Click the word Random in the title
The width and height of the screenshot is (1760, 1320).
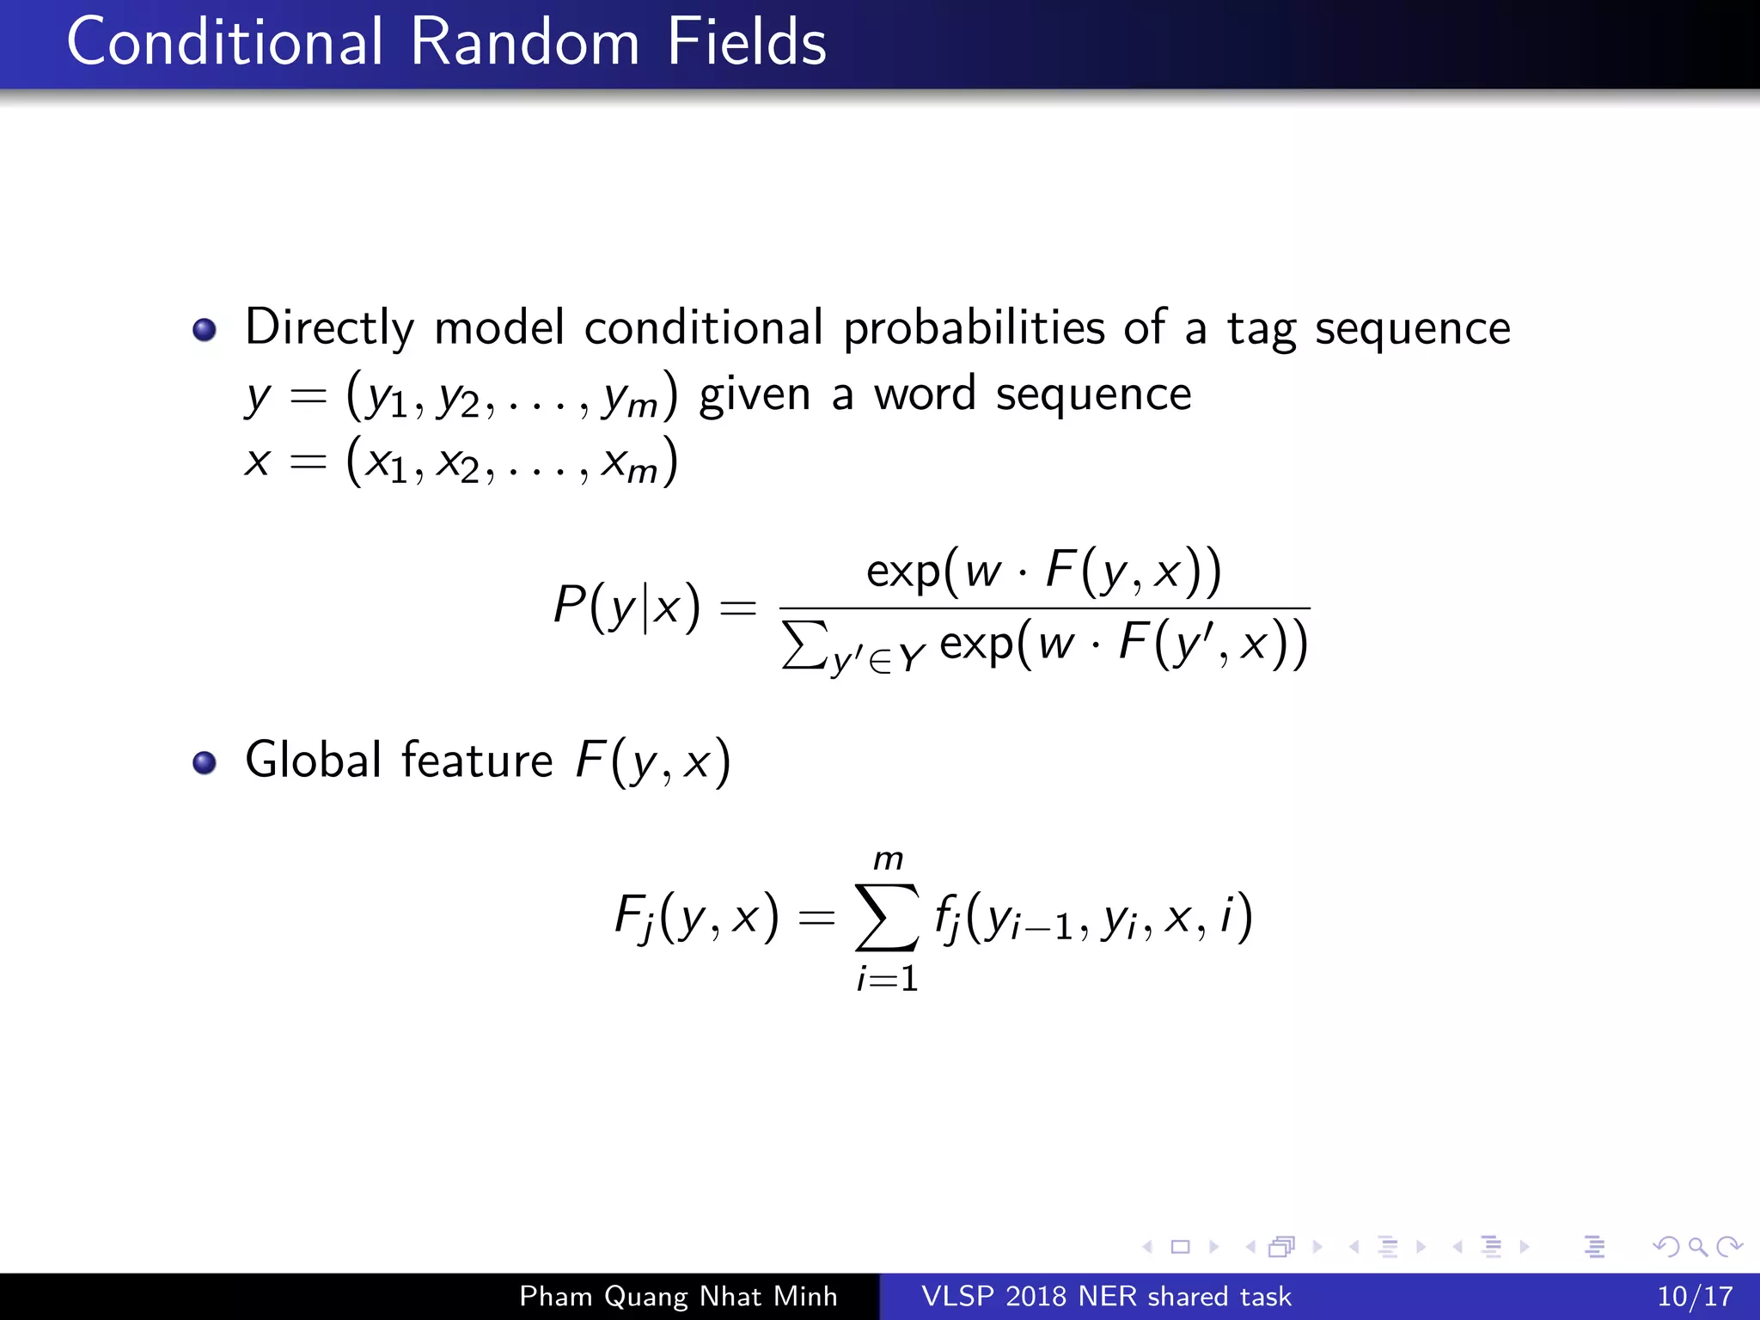click(x=524, y=42)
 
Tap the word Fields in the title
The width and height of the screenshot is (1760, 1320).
click(x=746, y=42)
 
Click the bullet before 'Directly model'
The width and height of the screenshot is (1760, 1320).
click(x=205, y=330)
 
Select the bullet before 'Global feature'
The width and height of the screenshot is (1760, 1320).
click(x=205, y=762)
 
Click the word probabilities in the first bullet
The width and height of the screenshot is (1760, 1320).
click(x=974, y=329)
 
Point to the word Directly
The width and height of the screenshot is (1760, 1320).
click(x=330, y=329)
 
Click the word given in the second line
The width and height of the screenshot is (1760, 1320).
click(x=755, y=395)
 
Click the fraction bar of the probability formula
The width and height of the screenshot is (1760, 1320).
click(x=1043, y=608)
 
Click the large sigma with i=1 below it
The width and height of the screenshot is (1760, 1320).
click(x=887, y=918)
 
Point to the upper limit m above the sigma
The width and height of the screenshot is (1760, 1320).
click(x=888, y=859)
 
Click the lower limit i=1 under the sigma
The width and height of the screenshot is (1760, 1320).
click(x=888, y=979)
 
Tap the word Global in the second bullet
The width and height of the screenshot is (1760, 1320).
click(x=313, y=761)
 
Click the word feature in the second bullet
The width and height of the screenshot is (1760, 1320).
click(x=477, y=761)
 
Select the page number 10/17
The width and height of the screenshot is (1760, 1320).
click(x=1694, y=1296)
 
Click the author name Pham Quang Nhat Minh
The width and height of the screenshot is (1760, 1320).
click(x=678, y=1296)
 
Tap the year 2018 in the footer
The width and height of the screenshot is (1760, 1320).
click(x=1038, y=1296)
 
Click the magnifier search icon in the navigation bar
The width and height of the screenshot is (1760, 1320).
click(x=1697, y=1246)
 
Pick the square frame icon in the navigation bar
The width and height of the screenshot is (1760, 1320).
click(x=1181, y=1246)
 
